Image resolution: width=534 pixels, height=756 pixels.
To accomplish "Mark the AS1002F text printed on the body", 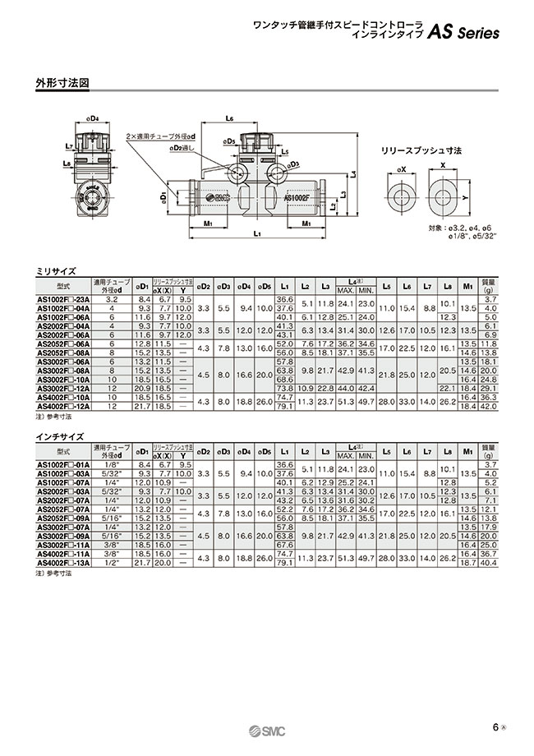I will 301,198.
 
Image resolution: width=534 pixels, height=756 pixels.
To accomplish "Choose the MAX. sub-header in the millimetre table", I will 346,291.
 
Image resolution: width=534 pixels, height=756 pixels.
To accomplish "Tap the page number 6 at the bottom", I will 495,726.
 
